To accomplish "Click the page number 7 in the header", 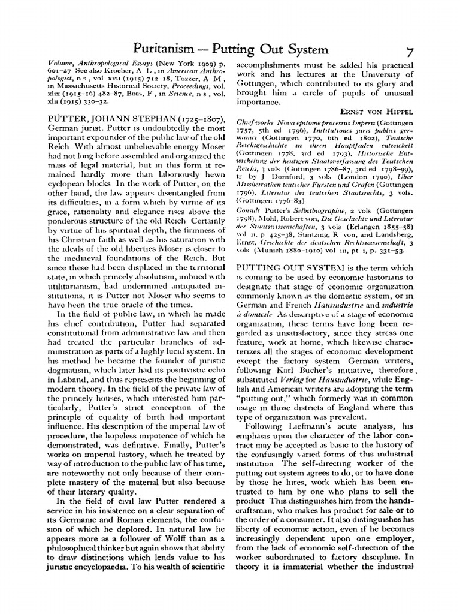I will point(410,51).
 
